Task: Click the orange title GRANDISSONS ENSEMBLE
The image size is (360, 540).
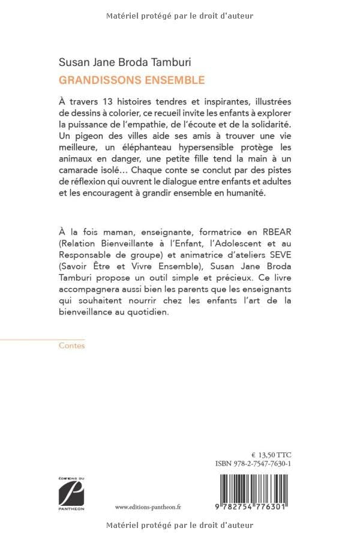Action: tap(131, 79)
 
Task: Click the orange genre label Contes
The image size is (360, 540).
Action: tap(72, 346)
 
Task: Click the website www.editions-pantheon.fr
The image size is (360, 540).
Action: tap(148, 506)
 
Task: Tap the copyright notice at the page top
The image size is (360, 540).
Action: tap(180, 16)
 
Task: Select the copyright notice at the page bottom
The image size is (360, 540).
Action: tap(180, 525)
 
